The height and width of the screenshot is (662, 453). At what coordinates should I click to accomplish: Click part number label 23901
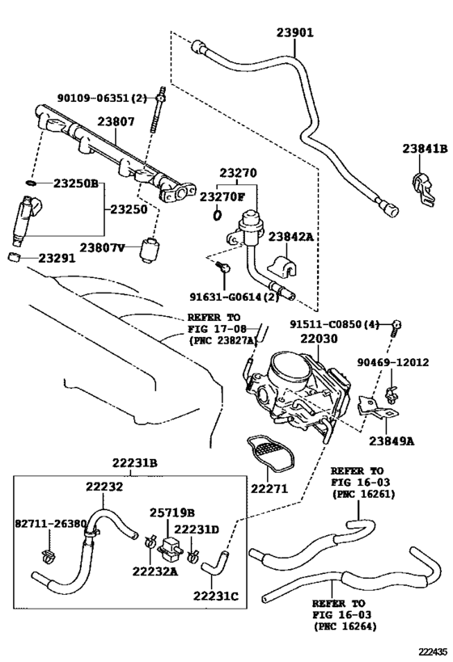(295, 32)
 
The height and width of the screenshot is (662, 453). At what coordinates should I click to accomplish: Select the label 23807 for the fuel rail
(116, 121)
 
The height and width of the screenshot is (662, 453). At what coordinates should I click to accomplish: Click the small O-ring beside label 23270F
(217, 215)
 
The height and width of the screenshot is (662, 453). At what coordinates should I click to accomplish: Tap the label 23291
(57, 258)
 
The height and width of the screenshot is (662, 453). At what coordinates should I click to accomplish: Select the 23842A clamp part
(282, 265)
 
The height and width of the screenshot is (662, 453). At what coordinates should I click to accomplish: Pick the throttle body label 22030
(319, 338)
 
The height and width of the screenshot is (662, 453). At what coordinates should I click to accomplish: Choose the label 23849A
(392, 441)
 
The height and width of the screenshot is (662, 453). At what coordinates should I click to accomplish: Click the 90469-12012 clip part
(392, 394)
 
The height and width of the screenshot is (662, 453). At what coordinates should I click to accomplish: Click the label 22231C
(216, 596)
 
